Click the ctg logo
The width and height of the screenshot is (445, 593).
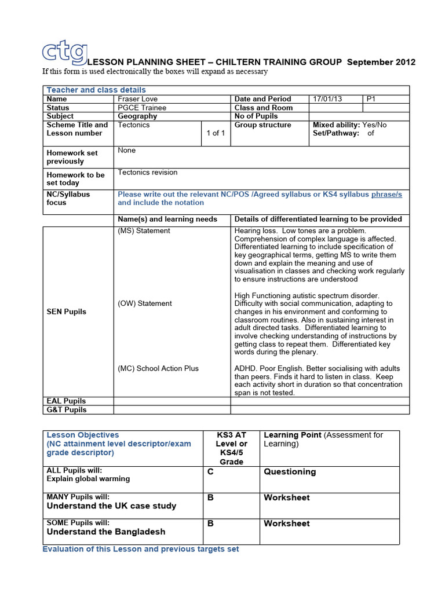pos(65,52)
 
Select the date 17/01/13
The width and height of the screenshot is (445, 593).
pos(327,99)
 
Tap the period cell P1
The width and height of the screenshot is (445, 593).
pos(371,99)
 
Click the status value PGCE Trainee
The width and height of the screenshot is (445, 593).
pos(142,108)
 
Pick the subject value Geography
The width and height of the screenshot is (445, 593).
pos(137,116)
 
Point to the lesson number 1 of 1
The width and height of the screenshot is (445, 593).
pos(216,133)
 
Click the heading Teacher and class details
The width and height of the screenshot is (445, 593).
pos(96,90)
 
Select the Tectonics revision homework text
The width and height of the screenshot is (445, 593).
pos(148,173)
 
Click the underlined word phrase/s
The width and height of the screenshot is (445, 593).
pos(386,195)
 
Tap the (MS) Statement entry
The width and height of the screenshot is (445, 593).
pos(144,231)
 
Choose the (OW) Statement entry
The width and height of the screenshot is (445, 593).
pos(144,303)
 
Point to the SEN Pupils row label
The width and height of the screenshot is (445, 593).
pos(66,312)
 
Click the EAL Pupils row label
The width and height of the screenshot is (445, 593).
pos(66,401)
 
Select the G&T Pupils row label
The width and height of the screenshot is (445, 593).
pos(67,409)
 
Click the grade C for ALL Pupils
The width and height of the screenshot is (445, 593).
pos(210,472)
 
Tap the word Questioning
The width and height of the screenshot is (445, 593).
pos(290,472)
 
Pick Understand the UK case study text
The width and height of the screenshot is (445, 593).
pos(111,506)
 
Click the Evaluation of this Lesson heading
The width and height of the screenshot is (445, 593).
pos(140,549)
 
